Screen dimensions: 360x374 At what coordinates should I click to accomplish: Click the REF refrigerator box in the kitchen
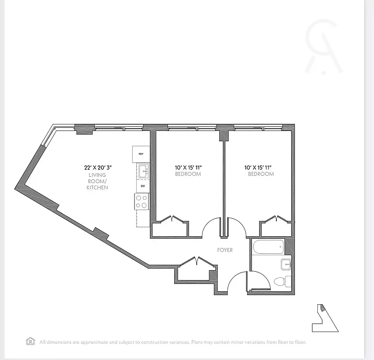click(141, 154)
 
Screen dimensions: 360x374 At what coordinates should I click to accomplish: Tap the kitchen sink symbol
click(143, 170)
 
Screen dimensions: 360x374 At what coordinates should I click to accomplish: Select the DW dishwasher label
click(143, 186)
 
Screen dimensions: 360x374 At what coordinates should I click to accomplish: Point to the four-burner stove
click(142, 201)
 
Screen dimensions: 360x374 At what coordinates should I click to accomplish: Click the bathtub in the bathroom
click(268, 247)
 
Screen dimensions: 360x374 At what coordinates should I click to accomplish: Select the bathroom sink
click(285, 264)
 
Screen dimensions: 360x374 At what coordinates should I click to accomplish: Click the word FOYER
click(225, 250)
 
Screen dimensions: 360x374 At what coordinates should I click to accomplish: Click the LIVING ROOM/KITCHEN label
click(97, 181)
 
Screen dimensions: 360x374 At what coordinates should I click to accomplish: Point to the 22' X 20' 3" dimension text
click(98, 167)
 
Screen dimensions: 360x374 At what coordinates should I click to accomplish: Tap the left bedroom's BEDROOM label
click(188, 174)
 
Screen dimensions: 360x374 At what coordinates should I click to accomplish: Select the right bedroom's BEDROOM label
click(261, 174)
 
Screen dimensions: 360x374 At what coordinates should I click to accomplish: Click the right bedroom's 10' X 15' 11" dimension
click(259, 167)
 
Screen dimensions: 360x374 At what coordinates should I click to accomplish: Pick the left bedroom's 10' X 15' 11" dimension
click(188, 167)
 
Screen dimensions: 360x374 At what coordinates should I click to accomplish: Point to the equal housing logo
click(31, 341)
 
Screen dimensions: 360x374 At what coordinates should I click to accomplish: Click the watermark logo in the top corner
click(323, 47)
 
